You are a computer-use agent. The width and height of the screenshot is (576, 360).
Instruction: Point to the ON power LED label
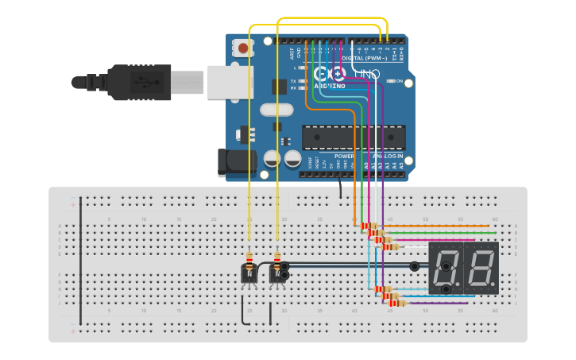click(x=399, y=81)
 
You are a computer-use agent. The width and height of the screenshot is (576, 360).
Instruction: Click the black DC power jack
click(x=237, y=161)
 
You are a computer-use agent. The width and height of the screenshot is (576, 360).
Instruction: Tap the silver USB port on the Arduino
click(x=230, y=82)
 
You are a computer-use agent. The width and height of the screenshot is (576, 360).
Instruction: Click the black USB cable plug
click(x=139, y=82)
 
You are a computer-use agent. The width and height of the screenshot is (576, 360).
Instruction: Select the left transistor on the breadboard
click(x=249, y=273)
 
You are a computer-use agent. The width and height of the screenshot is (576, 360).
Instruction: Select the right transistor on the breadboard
click(x=277, y=273)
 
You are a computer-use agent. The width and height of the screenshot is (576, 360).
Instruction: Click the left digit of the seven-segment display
click(x=446, y=267)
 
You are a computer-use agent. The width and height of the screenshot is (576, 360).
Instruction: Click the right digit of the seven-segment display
click(x=481, y=267)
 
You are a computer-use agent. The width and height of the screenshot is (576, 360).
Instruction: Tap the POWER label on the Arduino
click(x=344, y=157)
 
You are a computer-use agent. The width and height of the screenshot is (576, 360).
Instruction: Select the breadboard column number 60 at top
click(x=495, y=219)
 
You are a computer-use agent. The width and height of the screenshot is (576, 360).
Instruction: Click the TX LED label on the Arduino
click(x=294, y=81)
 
